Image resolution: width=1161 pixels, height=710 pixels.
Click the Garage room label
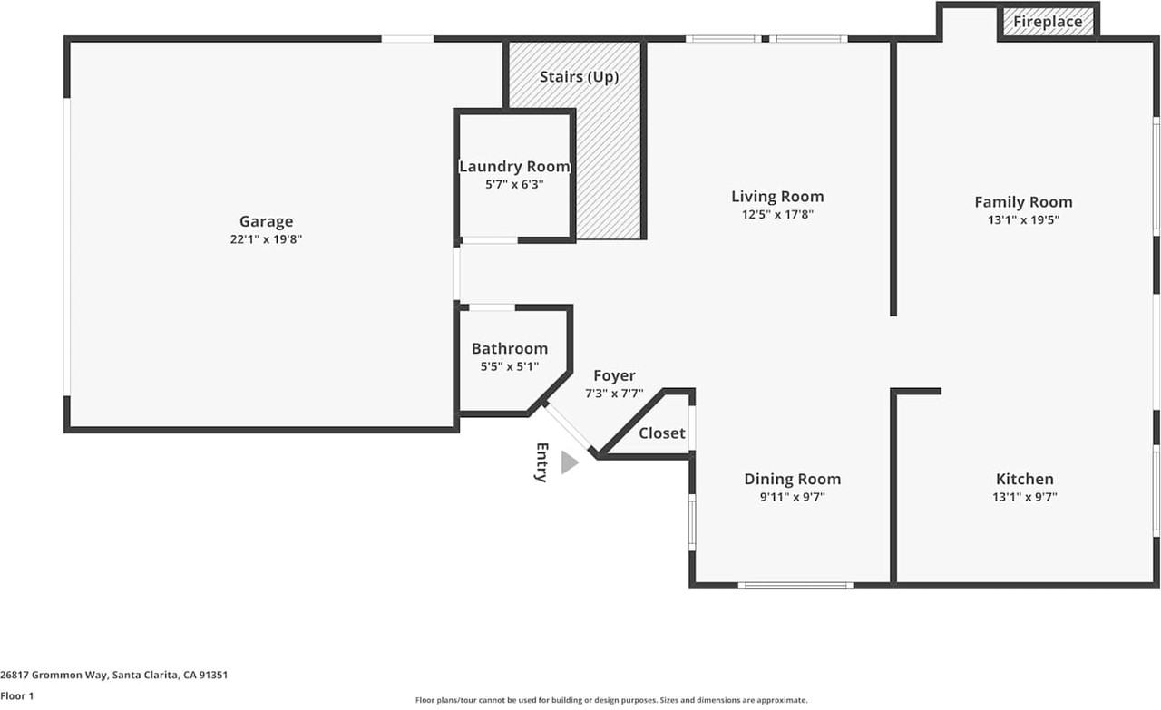click(x=266, y=221)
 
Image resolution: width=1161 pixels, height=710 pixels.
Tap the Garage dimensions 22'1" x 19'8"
click(x=266, y=239)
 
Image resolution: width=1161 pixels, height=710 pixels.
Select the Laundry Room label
click(x=514, y=167)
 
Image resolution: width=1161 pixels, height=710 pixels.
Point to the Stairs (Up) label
click(x=579, y=77)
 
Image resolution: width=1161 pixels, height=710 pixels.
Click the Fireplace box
click(x=1048, y=22)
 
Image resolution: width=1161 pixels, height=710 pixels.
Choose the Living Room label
click(x=777, y=197)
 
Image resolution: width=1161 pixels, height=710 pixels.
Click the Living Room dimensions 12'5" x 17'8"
click(x=777, y=215)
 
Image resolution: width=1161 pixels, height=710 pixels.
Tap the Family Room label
click(x=1023, y=202)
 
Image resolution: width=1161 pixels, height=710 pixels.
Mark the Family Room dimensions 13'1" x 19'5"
click(x=1023, y=219)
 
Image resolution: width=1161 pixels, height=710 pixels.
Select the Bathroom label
click(x=510, y=349)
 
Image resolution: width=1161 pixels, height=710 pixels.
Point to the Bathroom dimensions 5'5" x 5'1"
click(x=510, y=366)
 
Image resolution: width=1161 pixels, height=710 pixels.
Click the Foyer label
click(x=614, y=376)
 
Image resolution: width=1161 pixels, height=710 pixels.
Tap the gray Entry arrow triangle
click(x=569, y=462)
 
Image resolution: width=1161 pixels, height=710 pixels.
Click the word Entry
click(x=541, y=462)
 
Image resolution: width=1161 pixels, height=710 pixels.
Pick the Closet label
click(x=662, y=433)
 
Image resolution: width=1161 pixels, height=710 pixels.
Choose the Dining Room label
click(x=792, y=480)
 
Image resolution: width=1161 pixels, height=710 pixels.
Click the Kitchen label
click(x=1025, y=480)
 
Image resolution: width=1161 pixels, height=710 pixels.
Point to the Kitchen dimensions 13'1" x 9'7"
click(x=1025, y=497)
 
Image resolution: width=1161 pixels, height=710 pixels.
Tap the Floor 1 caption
click(x=16, y=696)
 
